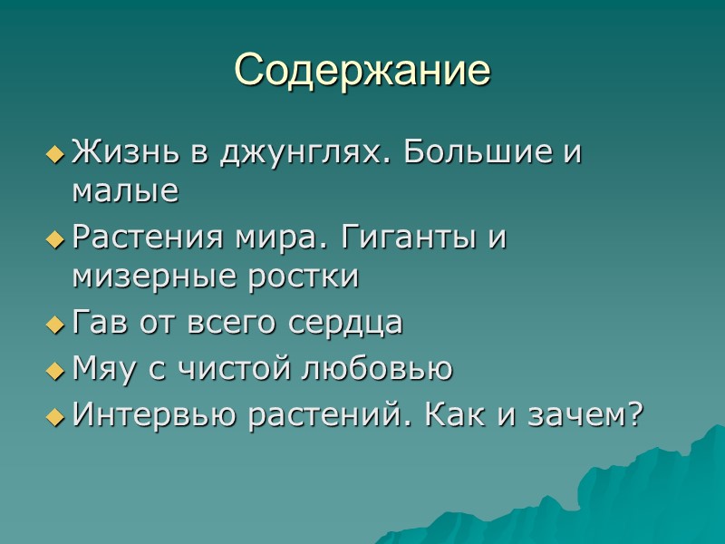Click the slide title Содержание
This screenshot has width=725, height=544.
tap(362, 70)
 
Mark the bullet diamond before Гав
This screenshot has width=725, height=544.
tap(55, 325)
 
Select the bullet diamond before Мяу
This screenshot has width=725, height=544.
tap(55, 370)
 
